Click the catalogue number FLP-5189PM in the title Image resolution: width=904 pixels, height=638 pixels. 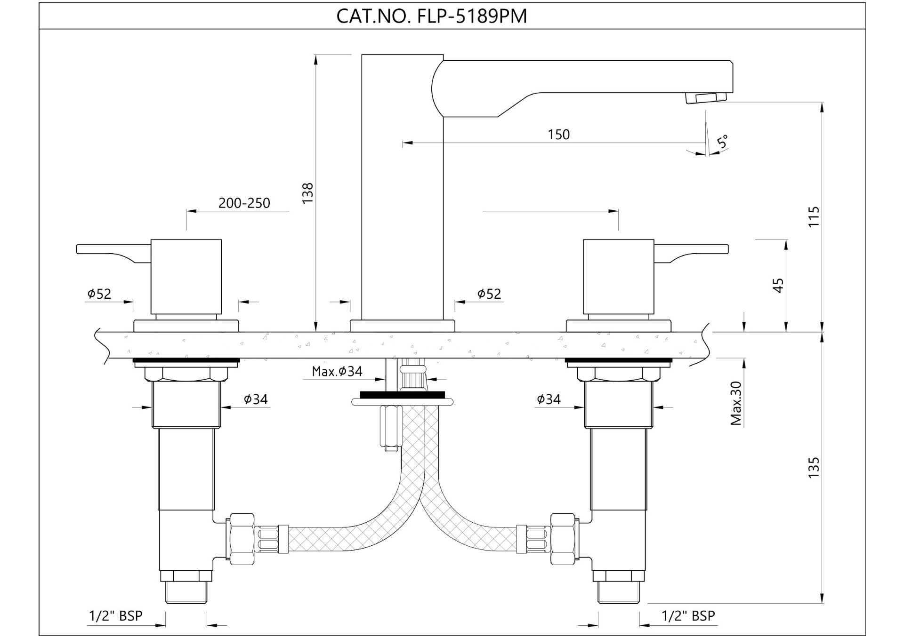[472, 16]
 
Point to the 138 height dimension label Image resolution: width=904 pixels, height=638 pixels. [307, 193]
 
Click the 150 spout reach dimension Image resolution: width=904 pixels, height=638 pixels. [558, 135]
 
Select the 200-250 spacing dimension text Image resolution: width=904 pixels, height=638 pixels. [244, 203]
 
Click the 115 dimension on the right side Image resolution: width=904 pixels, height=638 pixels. [814, 216]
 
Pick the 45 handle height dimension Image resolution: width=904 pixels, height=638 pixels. [778, 286]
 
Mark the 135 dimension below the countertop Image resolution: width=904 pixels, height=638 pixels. [814, 467]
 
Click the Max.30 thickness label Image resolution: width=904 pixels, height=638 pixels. [736, 403]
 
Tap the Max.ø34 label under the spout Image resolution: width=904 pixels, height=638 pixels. [337, 371]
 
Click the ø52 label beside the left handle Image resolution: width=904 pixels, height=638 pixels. [99, 294]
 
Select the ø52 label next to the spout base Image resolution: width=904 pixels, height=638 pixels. [489, 294]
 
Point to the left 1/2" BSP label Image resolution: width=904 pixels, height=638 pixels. [115, 615]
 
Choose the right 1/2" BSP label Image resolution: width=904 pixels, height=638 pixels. [688, 615]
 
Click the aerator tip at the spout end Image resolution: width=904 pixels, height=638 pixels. [705, 98]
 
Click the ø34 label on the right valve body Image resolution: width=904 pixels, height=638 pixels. [549, 399]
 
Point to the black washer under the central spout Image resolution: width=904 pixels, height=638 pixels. [402, 395]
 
